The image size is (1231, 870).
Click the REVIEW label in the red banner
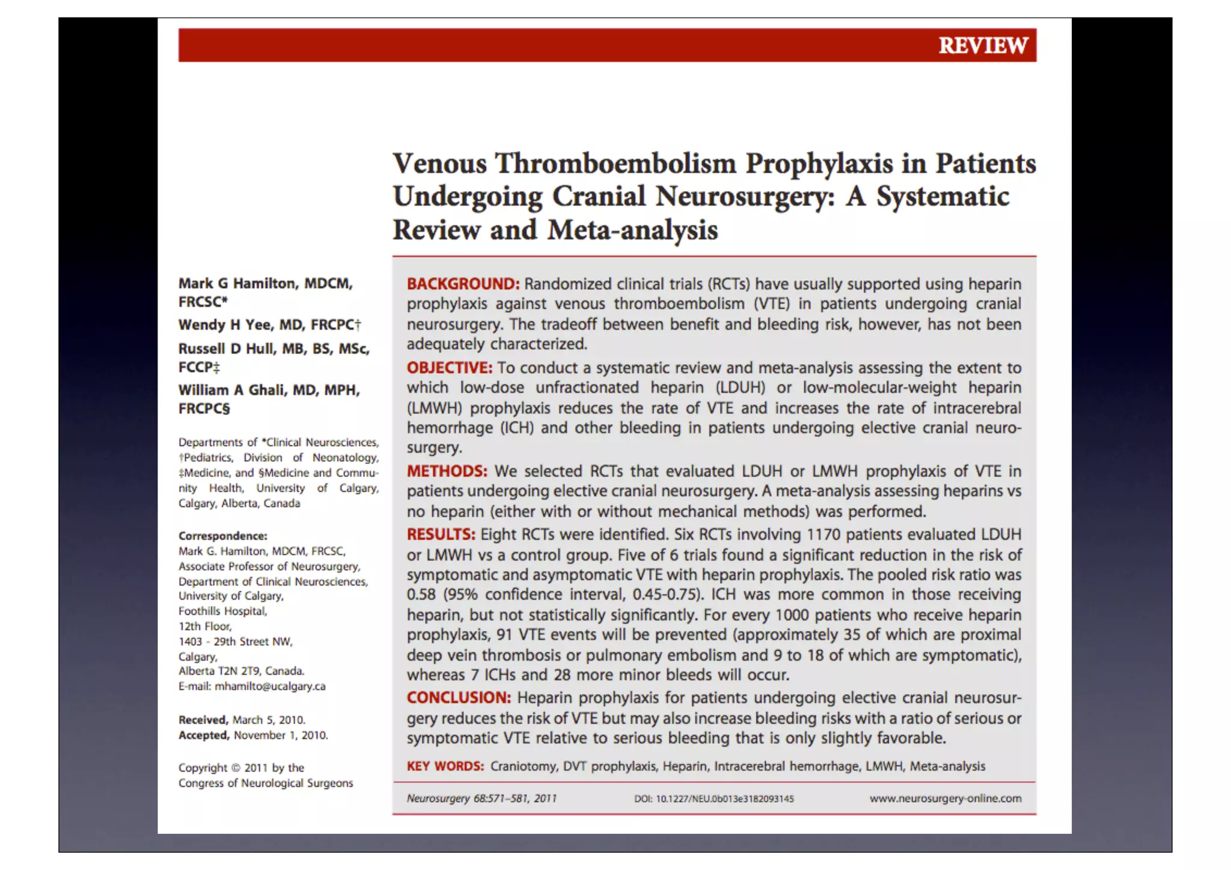click(983, 46)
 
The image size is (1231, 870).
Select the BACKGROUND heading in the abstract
click(463, 284)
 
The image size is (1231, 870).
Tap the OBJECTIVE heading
click(449, 367)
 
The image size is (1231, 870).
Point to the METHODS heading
click(447, 471)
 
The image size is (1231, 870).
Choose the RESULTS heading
click(441, 535)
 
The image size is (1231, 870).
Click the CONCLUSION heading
click(459, 697)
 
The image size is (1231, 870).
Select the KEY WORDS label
click(445, 766)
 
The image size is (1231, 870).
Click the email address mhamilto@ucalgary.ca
click(270, 686)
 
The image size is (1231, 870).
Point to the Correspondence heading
click(222, 536)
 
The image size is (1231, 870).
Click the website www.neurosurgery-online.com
click(945, 798)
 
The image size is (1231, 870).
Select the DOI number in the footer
click(724, 799)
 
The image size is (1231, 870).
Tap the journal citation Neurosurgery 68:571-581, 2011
click(481, 798)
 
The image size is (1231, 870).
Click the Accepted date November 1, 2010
click(280, 735)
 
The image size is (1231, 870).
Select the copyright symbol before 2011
click(236, 768)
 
